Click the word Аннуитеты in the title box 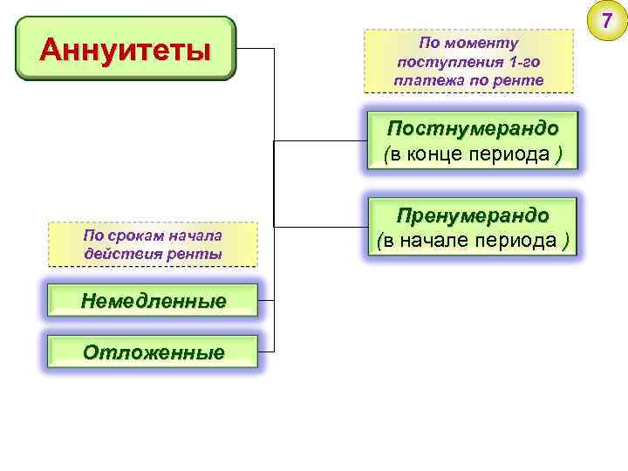point(126,49)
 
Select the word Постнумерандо point(473,128)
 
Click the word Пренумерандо point(473,215)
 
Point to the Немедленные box point(153,301)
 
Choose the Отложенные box point(153,352)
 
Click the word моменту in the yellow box point(483,43)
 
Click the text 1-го point(525,62)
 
